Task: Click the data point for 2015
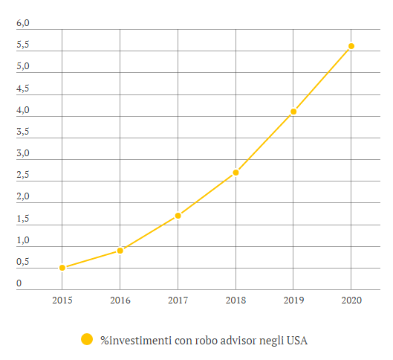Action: (x=62, y=268)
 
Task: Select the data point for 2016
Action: (x=120, y=251)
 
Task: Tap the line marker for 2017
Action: (x=178, y=216)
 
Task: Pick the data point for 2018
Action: (x=236, y=173)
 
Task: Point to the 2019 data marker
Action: (x=293, y=112)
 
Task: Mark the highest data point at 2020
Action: (x=351, y=46)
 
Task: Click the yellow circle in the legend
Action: (x=87, y=339)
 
